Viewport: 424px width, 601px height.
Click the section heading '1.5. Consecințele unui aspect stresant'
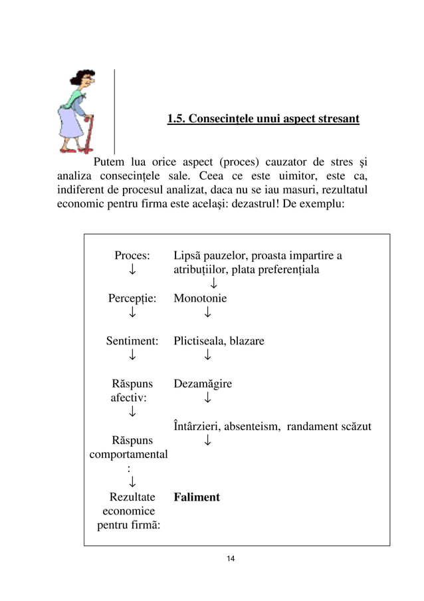click(x=263, y=120)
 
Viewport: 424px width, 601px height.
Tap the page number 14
click(x=231, y=557)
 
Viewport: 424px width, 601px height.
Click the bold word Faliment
click(x=197, y=497)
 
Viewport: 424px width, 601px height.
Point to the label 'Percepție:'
click(x=132, y=299)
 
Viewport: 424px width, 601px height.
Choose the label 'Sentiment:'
click(x=132, y=341)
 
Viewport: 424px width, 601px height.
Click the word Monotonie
click(x=200, y=299)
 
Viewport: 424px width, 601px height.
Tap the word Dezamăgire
click(x=203, y=384)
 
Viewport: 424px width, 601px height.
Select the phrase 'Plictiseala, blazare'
click(x=219, y=341)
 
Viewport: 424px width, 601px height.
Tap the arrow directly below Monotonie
click(x=208, y=312)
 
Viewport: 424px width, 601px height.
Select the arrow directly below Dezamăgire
click(x=208, y=398)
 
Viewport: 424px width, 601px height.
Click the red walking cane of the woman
click(x=86, y=133)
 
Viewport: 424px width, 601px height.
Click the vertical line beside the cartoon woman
click(x=115, y=110)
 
